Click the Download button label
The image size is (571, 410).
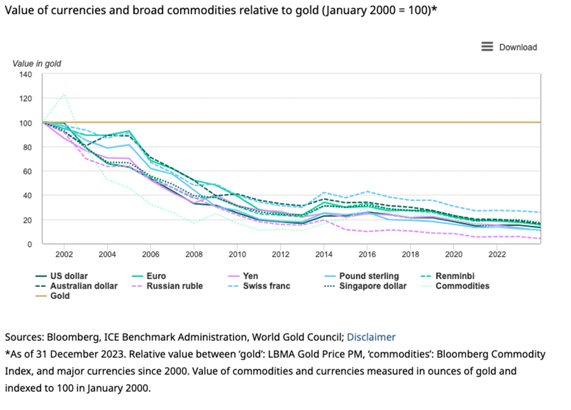pyautogui.click(x=518, y=47)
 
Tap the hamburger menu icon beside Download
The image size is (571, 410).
pyautogui.click(x=487, y=47)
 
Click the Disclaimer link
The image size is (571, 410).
pyautogui.click(x=371, y=337)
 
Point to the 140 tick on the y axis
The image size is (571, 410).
pyautogui.click(x=25, y=74)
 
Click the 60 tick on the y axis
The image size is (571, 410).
pyautogui.click(x=28, y=171)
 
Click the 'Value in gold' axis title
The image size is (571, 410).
pyautogui.click(x=37, y=63)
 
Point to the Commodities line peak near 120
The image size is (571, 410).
pyautogui.click(x=64, y=95)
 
